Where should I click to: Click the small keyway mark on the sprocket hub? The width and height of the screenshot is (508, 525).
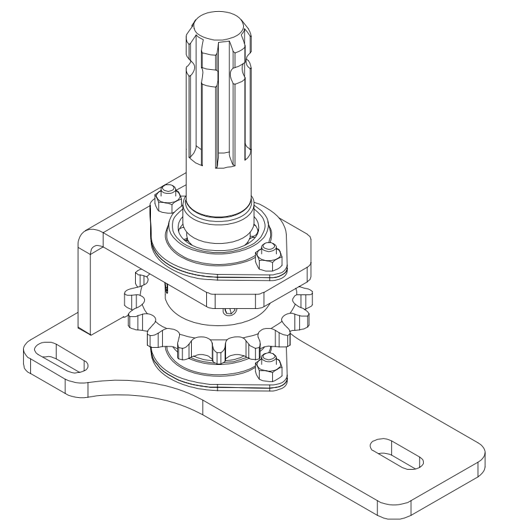[169, 288]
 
